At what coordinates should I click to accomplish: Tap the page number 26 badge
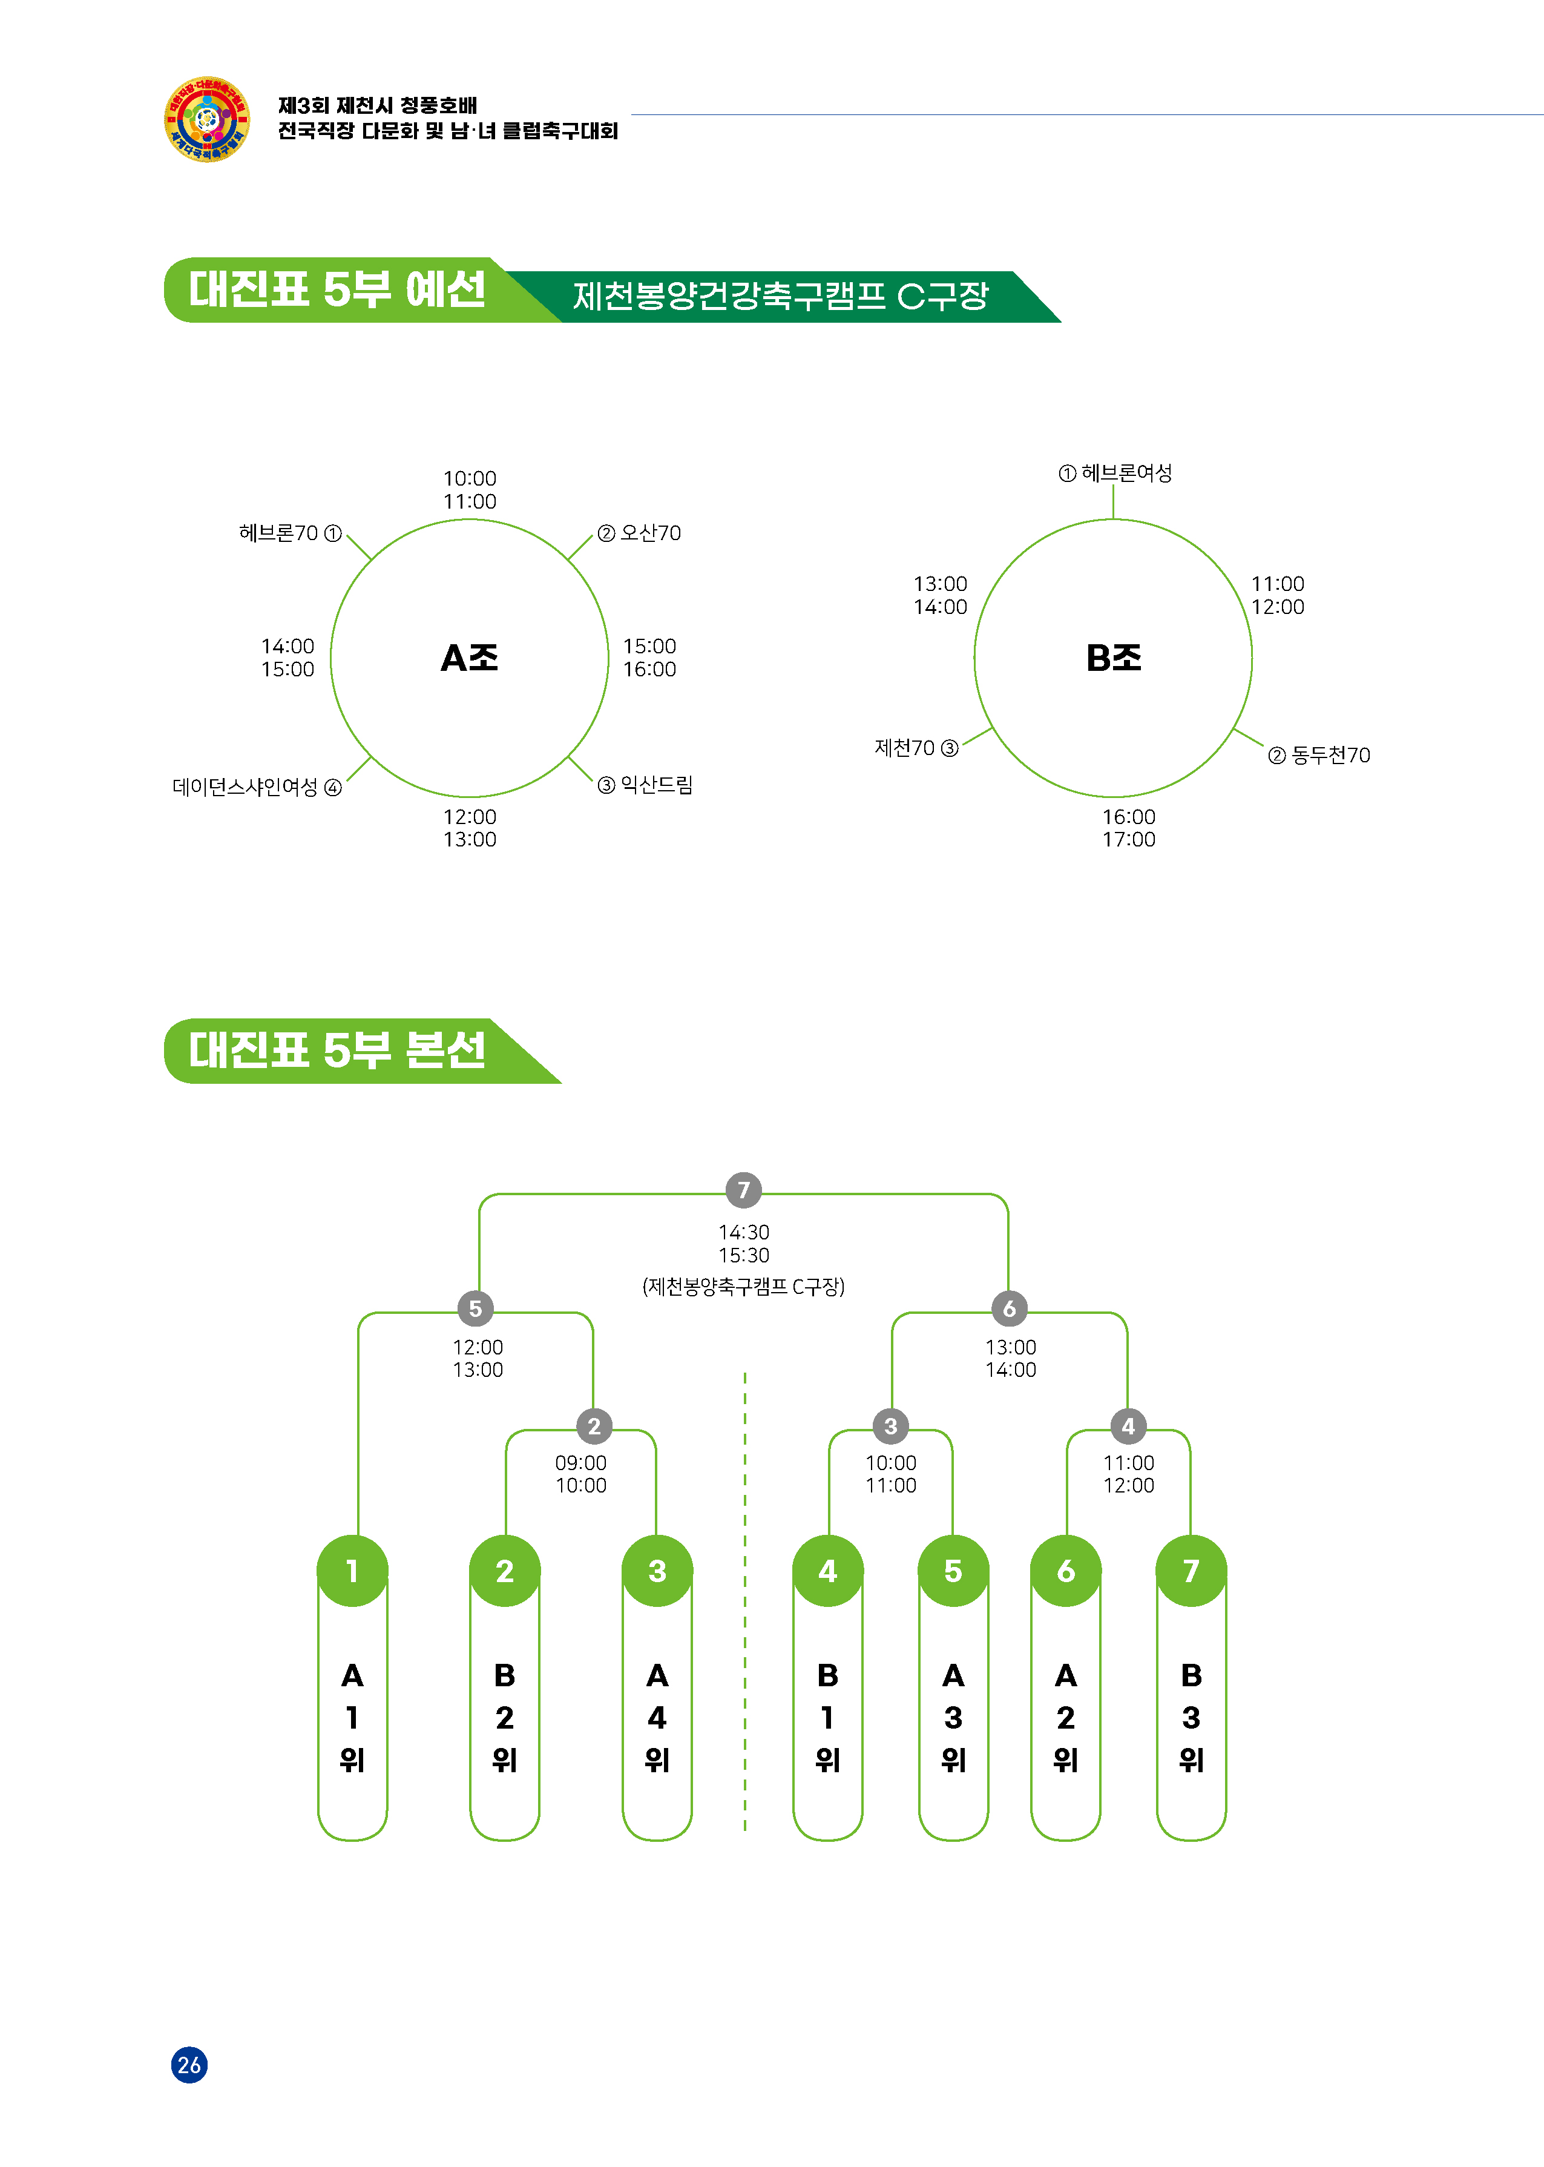pyautogui.click(x=189, y=2064)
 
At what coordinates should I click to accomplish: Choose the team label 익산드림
pyautogui.click(x=656, y=785)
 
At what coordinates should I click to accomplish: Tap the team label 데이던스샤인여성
pyautogui.click(x=245, y=787)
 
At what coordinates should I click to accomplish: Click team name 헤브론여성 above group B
pyautogui.click(x=1126, y=473)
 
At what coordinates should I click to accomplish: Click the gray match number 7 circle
pyautogui.click(x=743, y=1190)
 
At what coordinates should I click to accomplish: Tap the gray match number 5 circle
pyautogui.click(x=475, y=1308)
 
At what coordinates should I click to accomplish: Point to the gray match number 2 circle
pyautogui.click(x=594, y=1427)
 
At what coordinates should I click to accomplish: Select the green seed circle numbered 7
pyautogui.click(x=1191, y=1571)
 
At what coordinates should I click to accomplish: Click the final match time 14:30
pyautogui.click(x=743, y=1232)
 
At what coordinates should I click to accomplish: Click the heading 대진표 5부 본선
pyautogui.click(x=338, y=1051)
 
